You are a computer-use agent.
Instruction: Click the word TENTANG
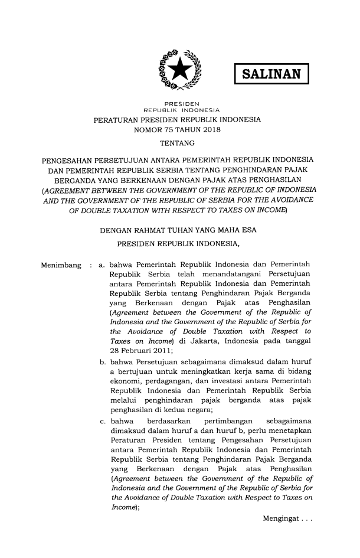[179, 143]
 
